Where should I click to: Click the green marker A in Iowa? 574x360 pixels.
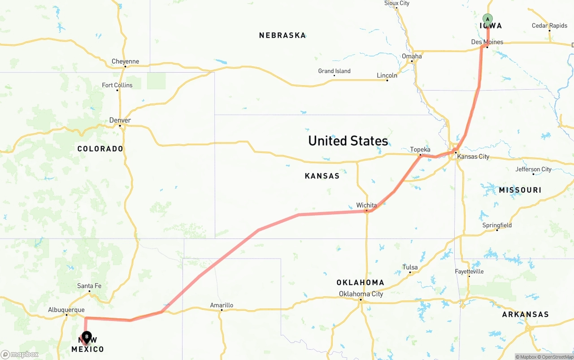click(487, 19)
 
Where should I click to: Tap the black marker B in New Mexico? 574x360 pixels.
click(87, 337)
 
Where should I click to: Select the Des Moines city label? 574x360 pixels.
click(487, 42)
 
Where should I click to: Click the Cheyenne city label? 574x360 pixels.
click(125, 61)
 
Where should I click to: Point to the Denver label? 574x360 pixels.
click(120, 120)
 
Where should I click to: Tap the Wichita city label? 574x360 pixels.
click(366, 205)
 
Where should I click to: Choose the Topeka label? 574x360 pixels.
click(420, 150)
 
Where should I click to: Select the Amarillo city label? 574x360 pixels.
click(222, 305)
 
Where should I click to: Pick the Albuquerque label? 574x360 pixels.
click(66, 310)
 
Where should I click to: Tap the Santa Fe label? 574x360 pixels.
click(89, 286)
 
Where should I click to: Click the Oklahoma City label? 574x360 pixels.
click(361, 294)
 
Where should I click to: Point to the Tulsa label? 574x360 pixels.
click(410, 267)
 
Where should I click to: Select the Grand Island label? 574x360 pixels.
click(334, 71)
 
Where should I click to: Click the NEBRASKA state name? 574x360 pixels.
click(283, 35)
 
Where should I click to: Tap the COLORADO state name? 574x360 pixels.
click(100, 149)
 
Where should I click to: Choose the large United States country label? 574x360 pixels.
click(348, 141)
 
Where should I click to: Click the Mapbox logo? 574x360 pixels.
click(20, 355)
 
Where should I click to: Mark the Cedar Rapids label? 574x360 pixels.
click(549, 26)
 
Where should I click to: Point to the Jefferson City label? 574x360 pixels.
click(533, 169)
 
